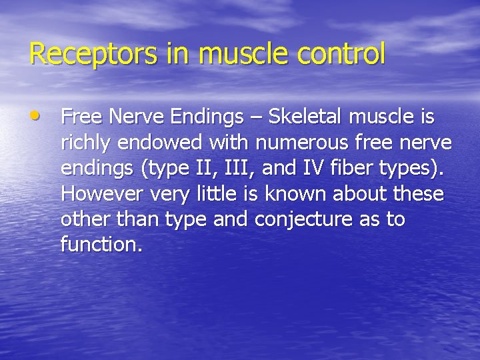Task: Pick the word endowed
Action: pos(151,143)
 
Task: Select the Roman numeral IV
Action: pos(312,168)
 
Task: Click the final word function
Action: pos(101,245)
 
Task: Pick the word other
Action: pos(84,219)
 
